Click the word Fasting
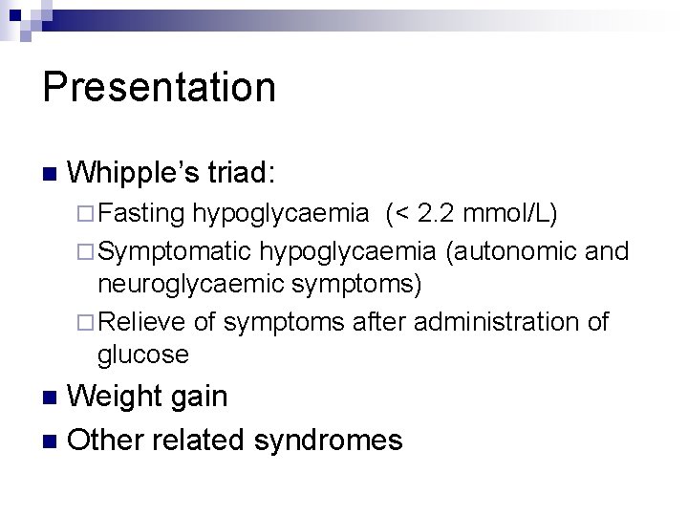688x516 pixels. pyautogui.click(x=140, y=213)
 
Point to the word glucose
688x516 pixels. pyautogui.click(x=142, y=355)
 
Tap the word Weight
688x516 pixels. pyautogui.click(x=116, y=397)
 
